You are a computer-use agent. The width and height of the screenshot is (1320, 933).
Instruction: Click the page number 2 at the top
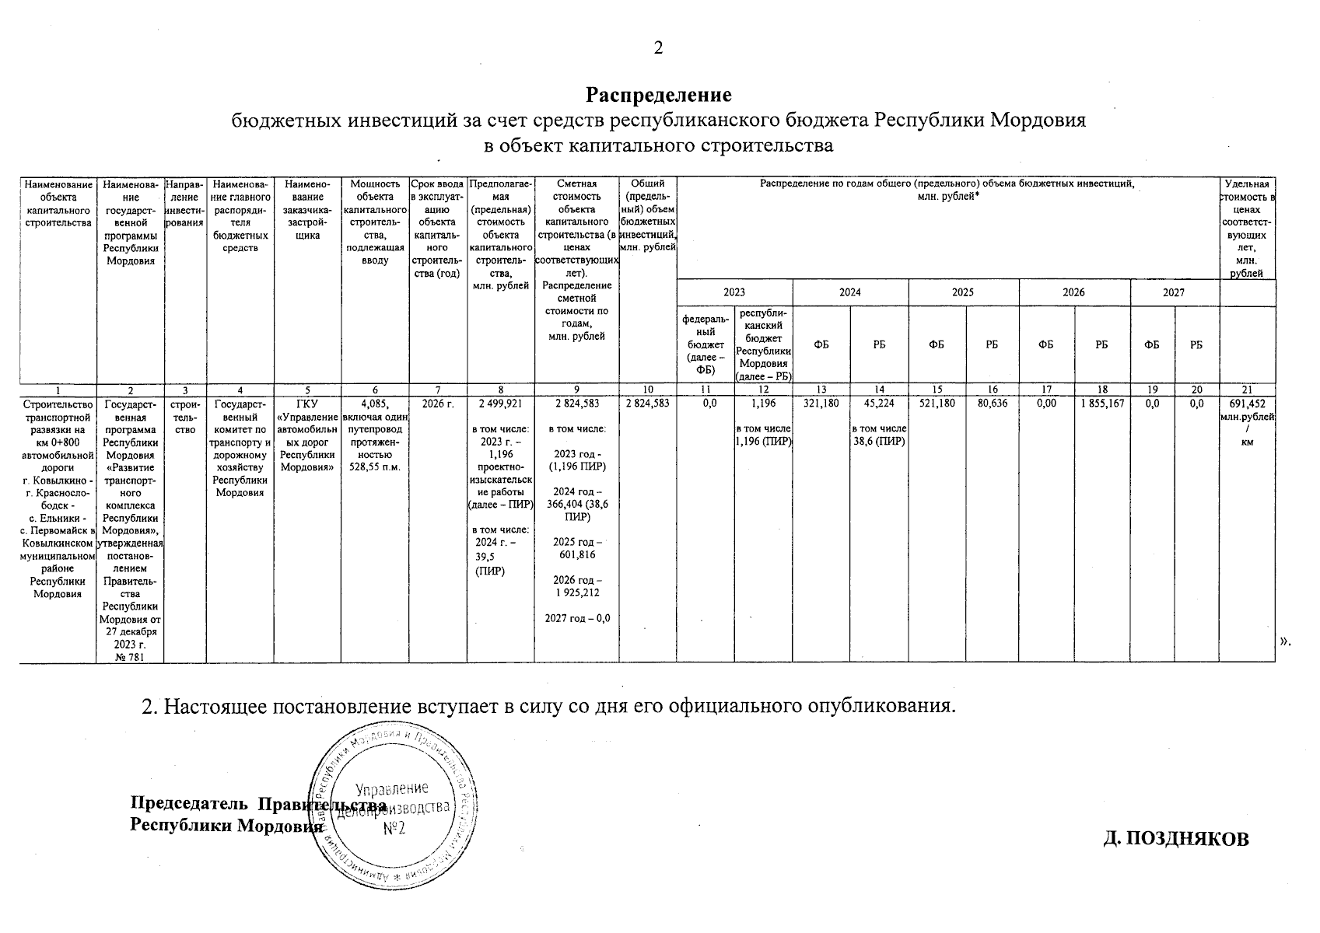[658, 48]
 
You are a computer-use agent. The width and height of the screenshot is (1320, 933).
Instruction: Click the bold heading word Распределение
[659, 95]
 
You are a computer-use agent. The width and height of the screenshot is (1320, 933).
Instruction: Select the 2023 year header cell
[734, 292]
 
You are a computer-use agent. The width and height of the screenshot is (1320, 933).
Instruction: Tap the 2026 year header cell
[1073, 292]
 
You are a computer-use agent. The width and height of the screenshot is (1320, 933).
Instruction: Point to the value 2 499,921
[500, 404]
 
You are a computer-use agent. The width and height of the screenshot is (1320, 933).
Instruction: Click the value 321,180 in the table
[821, 404]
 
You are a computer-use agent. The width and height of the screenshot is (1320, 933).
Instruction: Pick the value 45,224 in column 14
[879, 404]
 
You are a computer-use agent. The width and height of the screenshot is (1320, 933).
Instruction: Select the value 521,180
[937, 404]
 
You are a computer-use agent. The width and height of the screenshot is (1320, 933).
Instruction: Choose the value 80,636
[992, 404]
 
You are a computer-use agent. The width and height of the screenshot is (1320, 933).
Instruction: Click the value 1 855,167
[1101, 404]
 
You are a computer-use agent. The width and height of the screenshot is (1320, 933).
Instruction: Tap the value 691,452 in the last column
[1247, 404]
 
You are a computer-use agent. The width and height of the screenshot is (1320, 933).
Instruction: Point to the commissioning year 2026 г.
[437, 404]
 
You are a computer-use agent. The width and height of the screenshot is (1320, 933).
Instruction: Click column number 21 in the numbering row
[1247, 390]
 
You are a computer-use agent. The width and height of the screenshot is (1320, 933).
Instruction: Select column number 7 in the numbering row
[437, 390]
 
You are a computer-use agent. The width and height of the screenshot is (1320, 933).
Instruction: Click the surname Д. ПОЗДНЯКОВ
[1176, 838]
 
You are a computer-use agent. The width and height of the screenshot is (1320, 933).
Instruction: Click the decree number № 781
[130, 657]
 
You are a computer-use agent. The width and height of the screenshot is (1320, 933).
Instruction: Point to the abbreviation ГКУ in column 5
[307, 404]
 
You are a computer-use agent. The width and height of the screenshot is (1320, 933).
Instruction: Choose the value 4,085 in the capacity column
[375, 404]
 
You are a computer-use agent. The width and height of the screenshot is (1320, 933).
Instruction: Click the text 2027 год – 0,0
[576, 618]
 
